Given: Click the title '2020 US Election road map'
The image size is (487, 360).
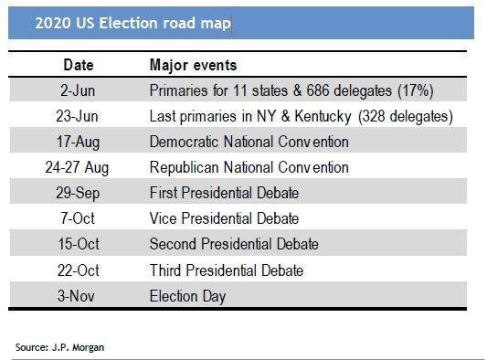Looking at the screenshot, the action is tap(132, 23).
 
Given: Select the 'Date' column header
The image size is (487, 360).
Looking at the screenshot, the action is tap(79, 65).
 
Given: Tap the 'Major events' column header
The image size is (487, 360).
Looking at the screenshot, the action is tap(193, 65).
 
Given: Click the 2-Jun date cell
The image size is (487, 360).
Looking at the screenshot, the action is tap(78, 90).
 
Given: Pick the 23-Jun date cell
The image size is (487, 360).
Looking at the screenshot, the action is tap(77, 116).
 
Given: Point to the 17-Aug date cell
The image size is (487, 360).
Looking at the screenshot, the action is tap(78, 142).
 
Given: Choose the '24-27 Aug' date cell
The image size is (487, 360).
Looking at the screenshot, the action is tap(77, 168).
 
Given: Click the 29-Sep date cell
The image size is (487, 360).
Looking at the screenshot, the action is tap(78, 193).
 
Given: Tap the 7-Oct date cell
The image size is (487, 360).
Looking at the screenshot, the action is tap(78, 218).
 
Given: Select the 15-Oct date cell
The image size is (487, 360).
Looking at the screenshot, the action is tap(79, 244).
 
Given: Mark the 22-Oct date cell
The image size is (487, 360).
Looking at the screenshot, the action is tap(79, 270).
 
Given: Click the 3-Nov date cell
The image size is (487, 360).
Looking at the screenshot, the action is tap(76, 296).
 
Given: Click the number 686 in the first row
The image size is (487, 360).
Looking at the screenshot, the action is tap(318, 90).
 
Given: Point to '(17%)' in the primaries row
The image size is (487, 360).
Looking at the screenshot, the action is tap(416, 91).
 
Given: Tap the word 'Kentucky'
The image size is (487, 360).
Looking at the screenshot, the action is tap(323, 117).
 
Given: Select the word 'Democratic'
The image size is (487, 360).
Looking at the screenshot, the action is tap(185, 142).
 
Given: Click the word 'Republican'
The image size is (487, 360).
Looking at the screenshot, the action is tap(185, 168).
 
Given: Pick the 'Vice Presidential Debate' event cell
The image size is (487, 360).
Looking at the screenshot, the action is tap(224, 218).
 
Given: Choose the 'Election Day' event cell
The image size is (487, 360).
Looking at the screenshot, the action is tap(187, 296).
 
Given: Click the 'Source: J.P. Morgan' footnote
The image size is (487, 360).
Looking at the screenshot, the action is tap(59, 347).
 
